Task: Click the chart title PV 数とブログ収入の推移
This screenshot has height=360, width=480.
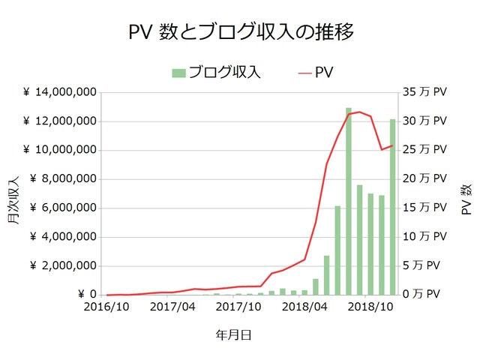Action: tap(240, 33)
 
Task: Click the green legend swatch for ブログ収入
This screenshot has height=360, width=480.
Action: tap(178, 73)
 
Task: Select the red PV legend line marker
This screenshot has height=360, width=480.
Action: tap(303, 73)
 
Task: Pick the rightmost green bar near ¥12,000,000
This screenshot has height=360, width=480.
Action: tap(392, 207)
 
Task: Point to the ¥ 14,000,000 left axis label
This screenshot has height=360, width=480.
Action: tap(58, 92)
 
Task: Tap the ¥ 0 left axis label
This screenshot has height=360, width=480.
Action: tap(87, 295)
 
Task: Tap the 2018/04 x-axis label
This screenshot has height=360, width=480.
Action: tap(304, 307)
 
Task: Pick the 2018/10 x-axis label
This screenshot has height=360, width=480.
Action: tap(370, 307)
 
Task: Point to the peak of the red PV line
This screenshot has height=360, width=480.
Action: tap(360, 112)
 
